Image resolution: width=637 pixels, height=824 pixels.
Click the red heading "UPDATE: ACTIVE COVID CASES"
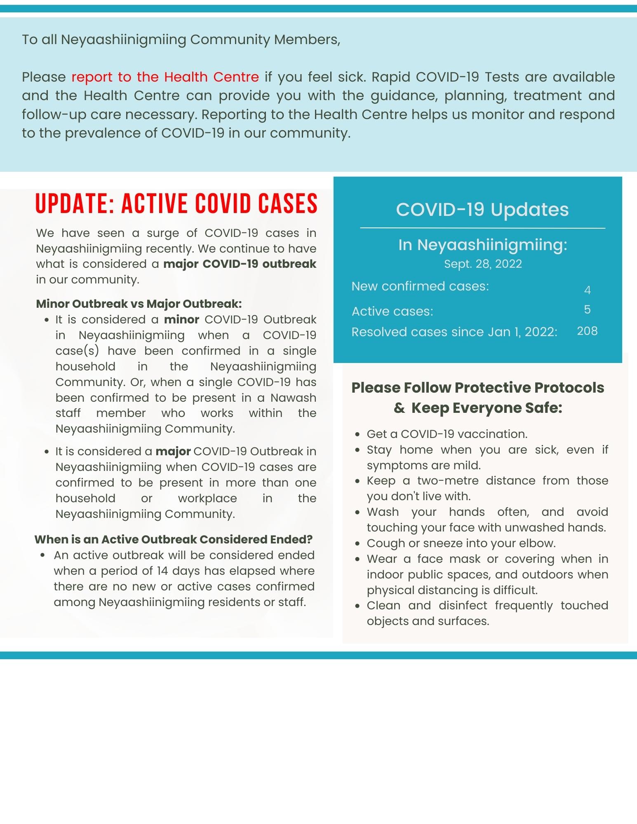pos(176,204)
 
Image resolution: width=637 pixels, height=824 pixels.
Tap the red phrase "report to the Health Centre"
pos(165,77)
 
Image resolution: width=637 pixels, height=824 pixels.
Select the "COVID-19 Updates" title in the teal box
pos(482,210)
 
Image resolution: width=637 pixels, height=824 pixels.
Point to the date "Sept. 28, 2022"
pos(483,264)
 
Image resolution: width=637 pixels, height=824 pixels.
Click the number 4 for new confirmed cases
pos(588,290)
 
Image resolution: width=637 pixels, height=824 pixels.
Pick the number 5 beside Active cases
pos(588,309)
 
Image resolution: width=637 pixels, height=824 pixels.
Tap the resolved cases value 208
pos(587,331)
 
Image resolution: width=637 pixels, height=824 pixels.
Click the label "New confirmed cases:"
pos(420,286)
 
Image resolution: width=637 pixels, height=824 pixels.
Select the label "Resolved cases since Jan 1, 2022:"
pos(454,332)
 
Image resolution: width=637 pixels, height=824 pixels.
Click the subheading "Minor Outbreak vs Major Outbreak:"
pos(139,304)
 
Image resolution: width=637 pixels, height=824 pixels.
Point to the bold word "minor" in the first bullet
pos(181,320)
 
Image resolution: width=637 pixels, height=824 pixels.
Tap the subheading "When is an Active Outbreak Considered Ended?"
pos(174,540)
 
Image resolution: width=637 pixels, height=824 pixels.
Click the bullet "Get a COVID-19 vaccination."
pos(447,434)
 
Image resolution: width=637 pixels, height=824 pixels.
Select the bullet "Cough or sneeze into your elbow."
pos(461,543)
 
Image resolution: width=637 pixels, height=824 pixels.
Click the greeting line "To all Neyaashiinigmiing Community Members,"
pos(181,40)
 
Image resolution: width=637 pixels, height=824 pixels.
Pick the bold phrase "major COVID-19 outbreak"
pos(240,264)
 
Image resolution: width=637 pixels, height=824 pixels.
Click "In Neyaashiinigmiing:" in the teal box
pos(483,245)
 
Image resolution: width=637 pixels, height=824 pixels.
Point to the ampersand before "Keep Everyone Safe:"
pos(399,408)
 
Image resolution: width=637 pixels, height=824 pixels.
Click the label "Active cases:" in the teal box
pos(393,311)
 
